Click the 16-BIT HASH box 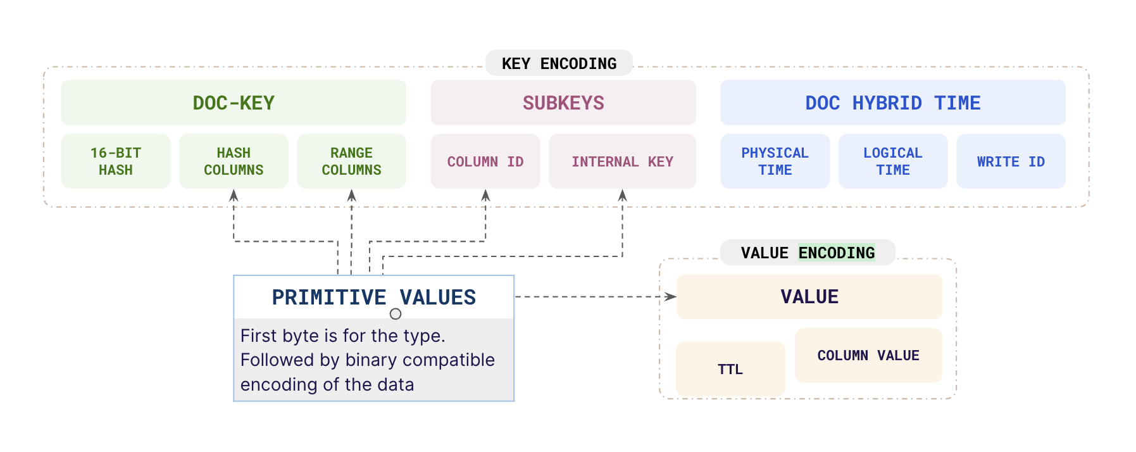click(116, 161)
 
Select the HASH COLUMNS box click(234, 161)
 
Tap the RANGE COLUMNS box click(351, 161)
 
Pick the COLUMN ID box click(485, 161)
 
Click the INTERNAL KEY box click(622, 161)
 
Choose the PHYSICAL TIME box click(775, 161)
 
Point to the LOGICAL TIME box click(892, 161)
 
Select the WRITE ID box click(1011, 161)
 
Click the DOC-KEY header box click(234, 103)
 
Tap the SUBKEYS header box click(563, 103)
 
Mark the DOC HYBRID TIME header click(892, 103)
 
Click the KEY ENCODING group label click(559, 63)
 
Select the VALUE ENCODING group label click(808, 253)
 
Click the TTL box click(730, 369)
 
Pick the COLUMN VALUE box click(868, 355)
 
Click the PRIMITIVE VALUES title click(373, 297)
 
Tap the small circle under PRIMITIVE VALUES click(396, 314)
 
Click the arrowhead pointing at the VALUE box click(671, 296)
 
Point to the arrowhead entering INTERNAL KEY click(622, 196)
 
